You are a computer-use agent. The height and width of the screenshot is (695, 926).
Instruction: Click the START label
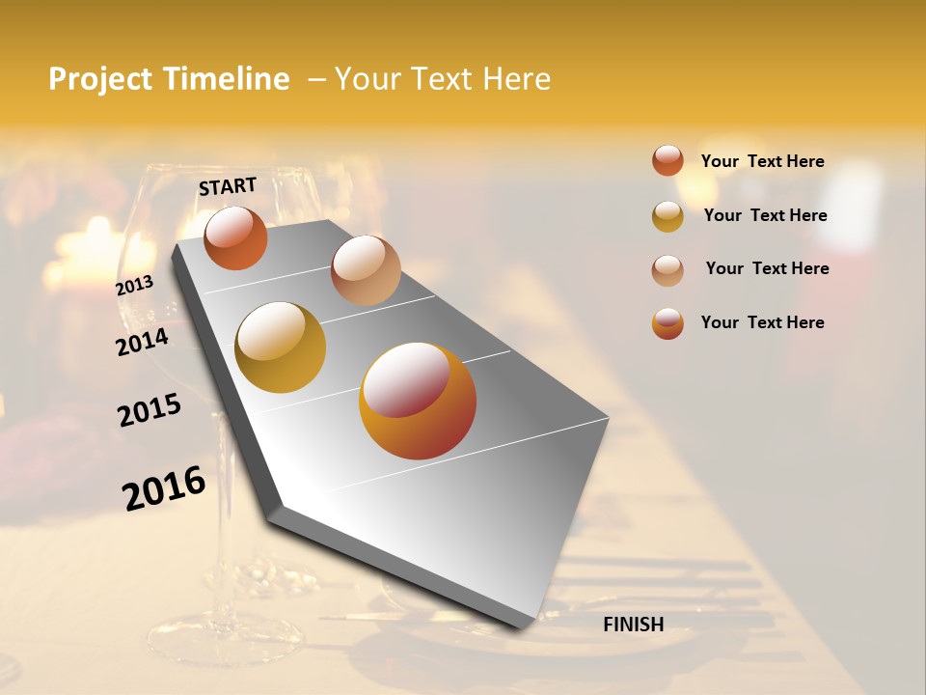(228, 186)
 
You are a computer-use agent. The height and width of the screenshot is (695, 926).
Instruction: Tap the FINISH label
(633, 625)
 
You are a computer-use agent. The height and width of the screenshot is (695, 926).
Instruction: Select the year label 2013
(134, 286)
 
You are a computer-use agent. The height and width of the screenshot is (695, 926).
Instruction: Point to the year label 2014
(142, 342)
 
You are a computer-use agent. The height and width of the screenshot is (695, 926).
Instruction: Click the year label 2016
(164, 488)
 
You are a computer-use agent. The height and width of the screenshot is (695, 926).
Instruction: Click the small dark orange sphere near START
(235, 238)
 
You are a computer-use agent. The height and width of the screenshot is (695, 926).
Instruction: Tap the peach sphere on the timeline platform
(366, 270)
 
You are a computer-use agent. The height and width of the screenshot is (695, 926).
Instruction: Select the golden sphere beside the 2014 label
(281, 347)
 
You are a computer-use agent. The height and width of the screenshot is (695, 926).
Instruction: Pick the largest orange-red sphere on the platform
(418, 401)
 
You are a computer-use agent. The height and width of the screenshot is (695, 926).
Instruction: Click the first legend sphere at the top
(667, 160)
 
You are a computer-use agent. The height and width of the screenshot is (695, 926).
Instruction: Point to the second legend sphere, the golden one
(667, 216)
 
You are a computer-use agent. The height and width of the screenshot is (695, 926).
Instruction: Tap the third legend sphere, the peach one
(667, 270)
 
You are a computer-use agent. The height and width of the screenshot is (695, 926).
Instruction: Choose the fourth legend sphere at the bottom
(667, 323)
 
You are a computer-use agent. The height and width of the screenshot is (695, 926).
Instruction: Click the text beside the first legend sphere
(762, 161)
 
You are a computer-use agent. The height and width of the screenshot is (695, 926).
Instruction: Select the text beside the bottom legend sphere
(762, 322)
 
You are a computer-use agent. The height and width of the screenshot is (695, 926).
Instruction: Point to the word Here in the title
(516, 79)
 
